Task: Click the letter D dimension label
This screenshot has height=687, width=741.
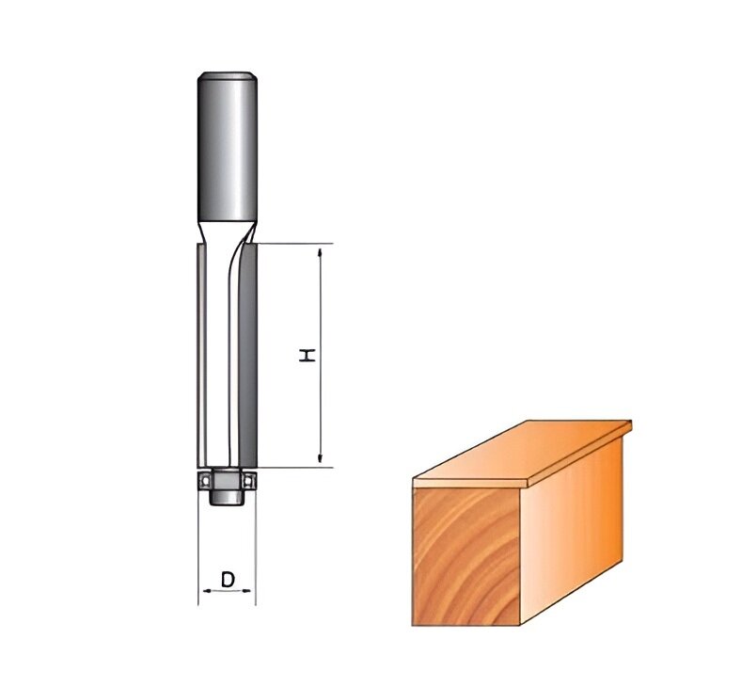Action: [x=228, y=580]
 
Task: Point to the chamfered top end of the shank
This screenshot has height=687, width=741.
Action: [x=227, y=75]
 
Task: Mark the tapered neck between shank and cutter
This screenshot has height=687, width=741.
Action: [x=227, y=231]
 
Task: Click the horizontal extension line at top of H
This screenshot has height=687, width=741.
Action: [x=292, y=244]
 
